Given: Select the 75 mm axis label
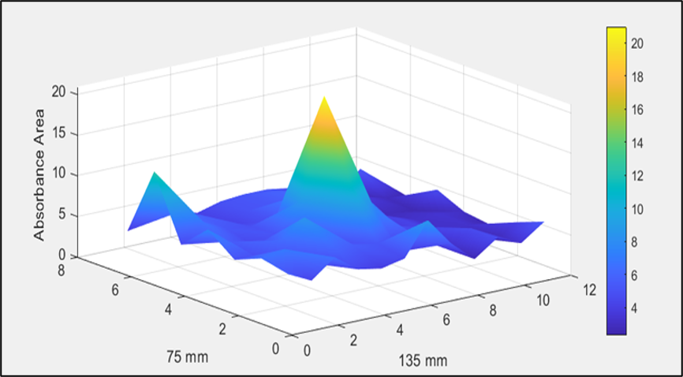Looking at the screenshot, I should click(x=187, y=357).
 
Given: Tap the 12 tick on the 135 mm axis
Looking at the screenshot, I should click(x=588, y=290).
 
